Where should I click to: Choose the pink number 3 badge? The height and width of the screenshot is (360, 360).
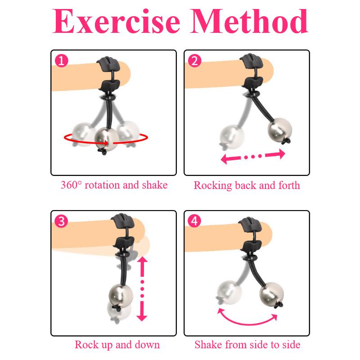point(60,221)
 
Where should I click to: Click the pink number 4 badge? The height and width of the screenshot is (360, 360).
point(194,221)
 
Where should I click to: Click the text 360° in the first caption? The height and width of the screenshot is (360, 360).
point(72,185)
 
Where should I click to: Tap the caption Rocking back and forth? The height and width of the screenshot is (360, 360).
point(247,185)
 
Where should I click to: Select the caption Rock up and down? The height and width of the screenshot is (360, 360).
point(117,345)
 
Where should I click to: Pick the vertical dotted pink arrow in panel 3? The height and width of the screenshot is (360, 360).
point(142,288)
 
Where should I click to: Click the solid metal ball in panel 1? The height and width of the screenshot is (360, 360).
point(107,137)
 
